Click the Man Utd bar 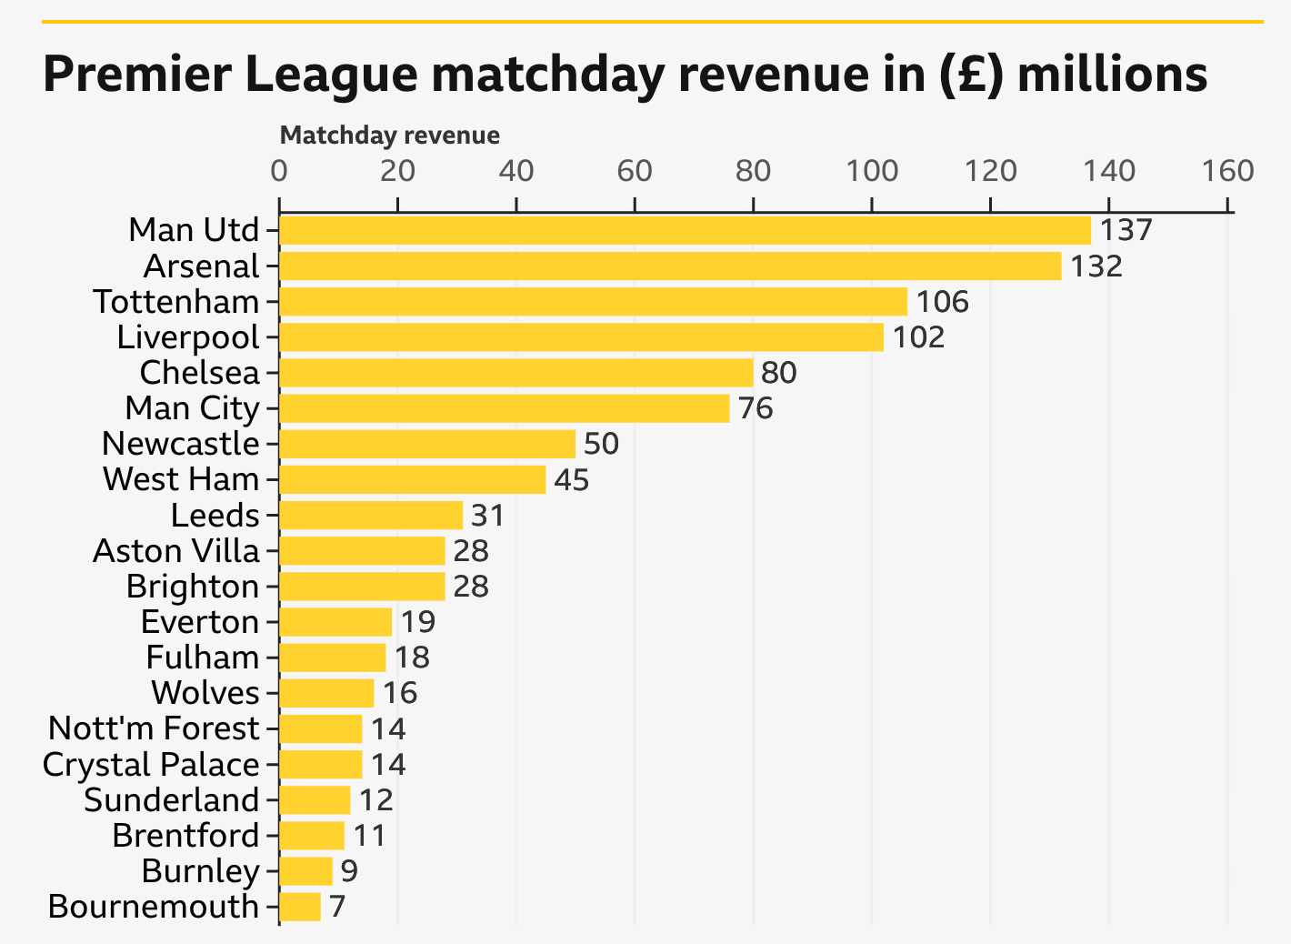[x=685, y=231]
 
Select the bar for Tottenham [x=593, y=302]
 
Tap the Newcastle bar [x=427, y=444]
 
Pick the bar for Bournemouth [x=300, y=907]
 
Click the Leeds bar [x=371, y=516]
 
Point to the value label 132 [x=1096, y=266]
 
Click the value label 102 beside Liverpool [x=918, y=337]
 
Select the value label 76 [x=756, y=408]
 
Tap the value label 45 [x=572, y=479]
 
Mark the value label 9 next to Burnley [x=349, y=871]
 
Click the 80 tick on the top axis [x=754, y=171]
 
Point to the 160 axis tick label [x=1228, y=171]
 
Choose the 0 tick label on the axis [x=279, y=171]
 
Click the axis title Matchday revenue [x=390, y=136]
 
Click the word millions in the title [x=1112, y=75]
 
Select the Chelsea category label [x=200, y=373]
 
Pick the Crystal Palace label [x=151, y=765]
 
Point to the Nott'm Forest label [x=154, y=728]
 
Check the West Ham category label [x=181, y=479]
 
